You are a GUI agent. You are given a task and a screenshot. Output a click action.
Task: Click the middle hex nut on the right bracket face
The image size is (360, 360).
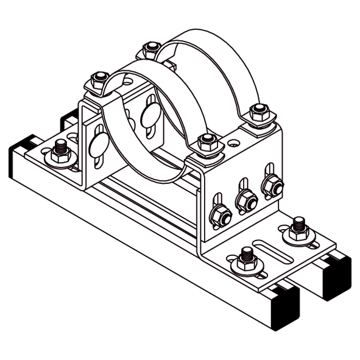[245, 199]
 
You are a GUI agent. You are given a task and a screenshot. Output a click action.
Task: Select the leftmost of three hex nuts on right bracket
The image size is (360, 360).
[220, 214]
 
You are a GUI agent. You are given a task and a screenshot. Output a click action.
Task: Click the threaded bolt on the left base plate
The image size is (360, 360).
[60, 150]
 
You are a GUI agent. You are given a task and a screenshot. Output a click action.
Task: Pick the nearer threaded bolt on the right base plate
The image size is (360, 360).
[247, 258]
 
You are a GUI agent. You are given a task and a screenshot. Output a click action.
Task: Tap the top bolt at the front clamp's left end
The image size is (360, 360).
[98, 81]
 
